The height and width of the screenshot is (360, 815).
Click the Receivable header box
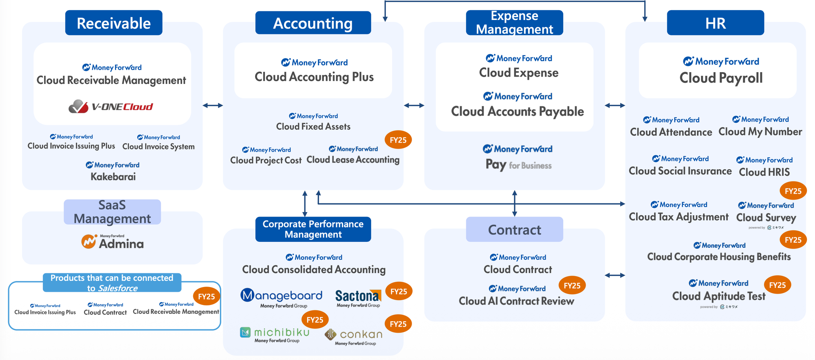tap(114, 23)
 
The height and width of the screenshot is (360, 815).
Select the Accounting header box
tap(313, 23)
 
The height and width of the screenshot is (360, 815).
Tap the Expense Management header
tap(514, 23)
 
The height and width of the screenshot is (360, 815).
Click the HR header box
tap(715, 23)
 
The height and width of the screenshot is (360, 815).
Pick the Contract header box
tap(514, 230)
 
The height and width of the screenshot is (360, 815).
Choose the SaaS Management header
tap(112, 212)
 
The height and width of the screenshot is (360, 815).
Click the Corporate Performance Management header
tap(313, 229)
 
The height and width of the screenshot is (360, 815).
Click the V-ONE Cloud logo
tap(111, 106)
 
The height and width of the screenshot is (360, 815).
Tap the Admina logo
tap(113, 242)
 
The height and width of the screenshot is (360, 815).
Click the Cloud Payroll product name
tap(721, 78)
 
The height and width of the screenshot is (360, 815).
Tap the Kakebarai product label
tap(113, 177)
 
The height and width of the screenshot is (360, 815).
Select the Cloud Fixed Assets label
tap(313, 126)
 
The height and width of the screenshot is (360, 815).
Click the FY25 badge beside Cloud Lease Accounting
tap(398, 140)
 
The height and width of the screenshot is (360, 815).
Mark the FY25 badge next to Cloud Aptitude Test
tap(777, 285)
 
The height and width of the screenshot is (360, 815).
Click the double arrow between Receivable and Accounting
tap(213, 106)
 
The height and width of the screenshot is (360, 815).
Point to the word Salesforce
tap(118, 288)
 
